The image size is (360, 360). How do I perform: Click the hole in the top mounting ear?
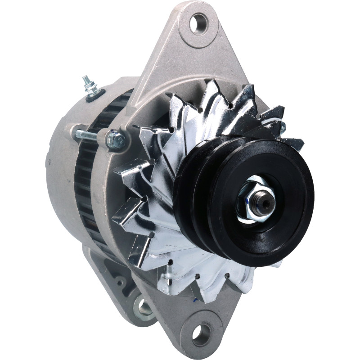198,23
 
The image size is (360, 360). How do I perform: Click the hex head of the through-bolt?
116,140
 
